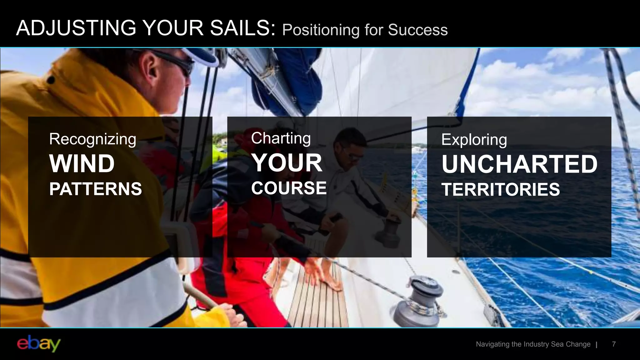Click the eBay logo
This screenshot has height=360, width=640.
[x=38, y=344]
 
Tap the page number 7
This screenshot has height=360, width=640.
[x=614, y=344]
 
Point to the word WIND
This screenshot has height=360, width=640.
[x=82, y=164]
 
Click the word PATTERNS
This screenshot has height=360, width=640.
[x=95, y=189]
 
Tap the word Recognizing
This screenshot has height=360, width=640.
[x=92, y=139]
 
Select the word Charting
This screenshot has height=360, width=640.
[x=281, y=138]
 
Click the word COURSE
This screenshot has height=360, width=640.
[x=289, y=188]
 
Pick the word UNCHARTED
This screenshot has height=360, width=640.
[x=519, y=164]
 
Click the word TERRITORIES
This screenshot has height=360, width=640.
[x=500, y=190]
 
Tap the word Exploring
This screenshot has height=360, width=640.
[x=474, y=140]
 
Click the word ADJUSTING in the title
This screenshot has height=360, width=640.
[x=76, y=28]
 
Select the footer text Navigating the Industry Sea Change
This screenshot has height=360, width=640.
[x=533, y=344]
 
